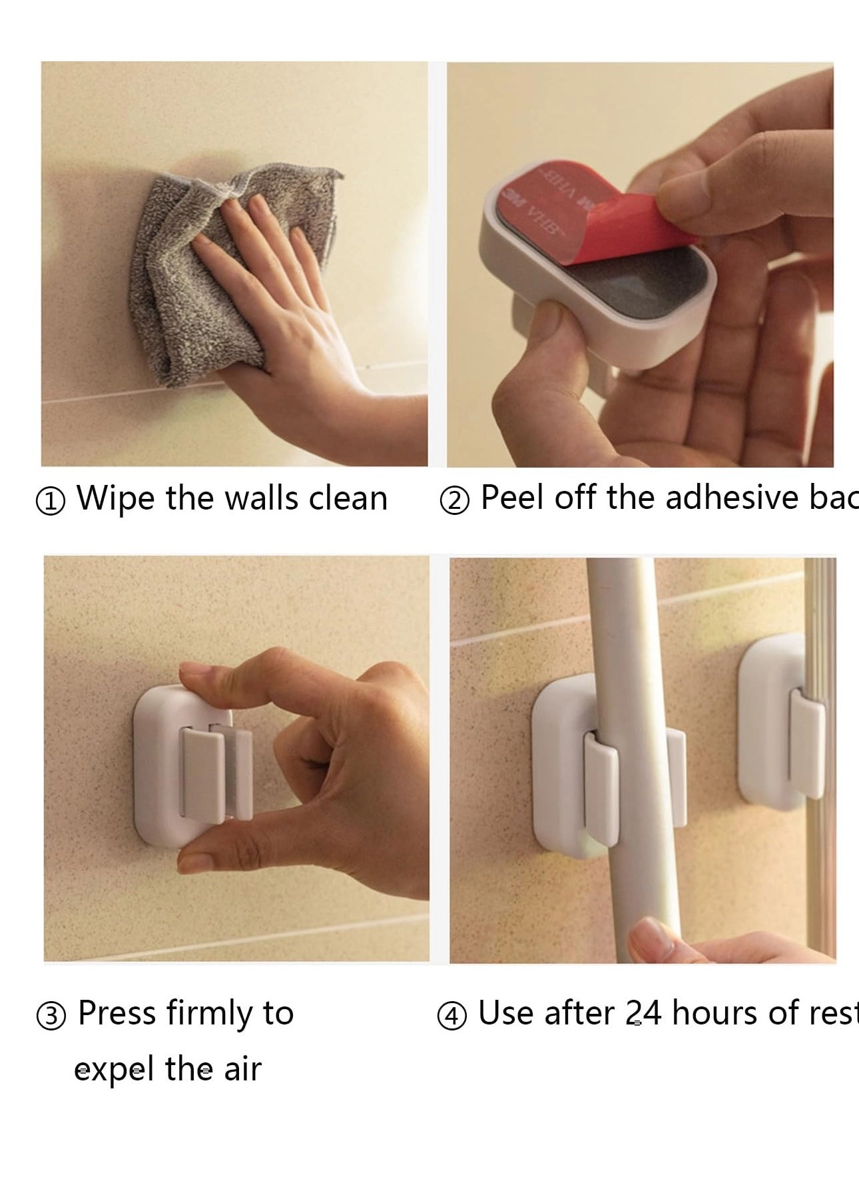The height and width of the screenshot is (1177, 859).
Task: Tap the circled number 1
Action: (x=51, y=502)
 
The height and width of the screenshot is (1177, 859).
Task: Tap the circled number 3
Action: (x=51, y=1016)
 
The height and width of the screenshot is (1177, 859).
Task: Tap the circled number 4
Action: (x=451, y=1016)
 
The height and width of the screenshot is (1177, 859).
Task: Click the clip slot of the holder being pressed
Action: (x=217, y=773)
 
